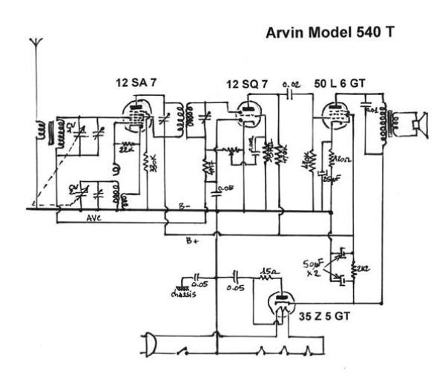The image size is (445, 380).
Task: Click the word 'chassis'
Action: pyautogui.click(x=183, y=292)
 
